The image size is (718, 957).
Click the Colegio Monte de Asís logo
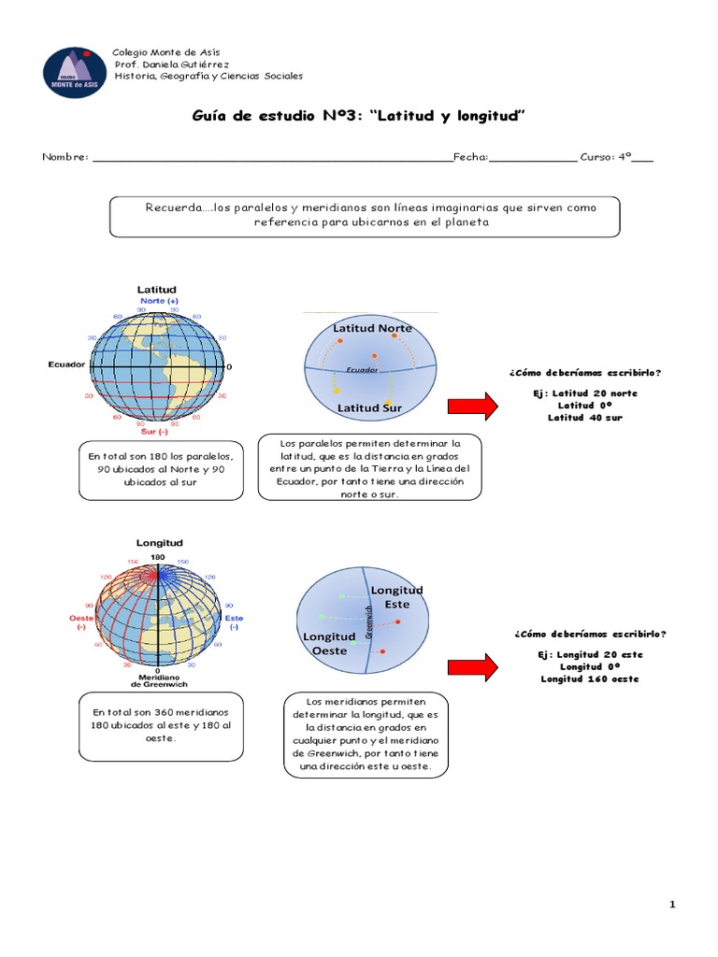(x=75, y=72)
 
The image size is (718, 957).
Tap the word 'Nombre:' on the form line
(x=65, y=157)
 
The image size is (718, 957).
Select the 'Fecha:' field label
(x=471, y=157)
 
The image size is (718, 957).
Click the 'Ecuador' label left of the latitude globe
(x=66, y=364)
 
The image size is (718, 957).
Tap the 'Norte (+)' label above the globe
(x=159, y=302)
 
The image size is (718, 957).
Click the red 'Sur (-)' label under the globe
(x=153, y=433)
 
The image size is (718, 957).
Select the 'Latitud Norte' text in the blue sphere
(x=372, y=328)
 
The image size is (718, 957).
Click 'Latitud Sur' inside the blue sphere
(x=370, y=407)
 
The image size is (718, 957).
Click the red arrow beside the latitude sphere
(x=475, y=406)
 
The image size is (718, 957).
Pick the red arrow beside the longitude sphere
(x=475, y=667)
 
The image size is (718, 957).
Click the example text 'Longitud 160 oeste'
(x=589, y=678)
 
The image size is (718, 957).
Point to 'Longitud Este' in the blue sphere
(x=397, y=597)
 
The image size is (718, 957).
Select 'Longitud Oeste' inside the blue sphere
(x=328, y=643)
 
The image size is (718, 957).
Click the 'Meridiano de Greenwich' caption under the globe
(x=158, y=680)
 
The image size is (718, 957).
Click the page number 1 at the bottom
(x=671, y=904)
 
